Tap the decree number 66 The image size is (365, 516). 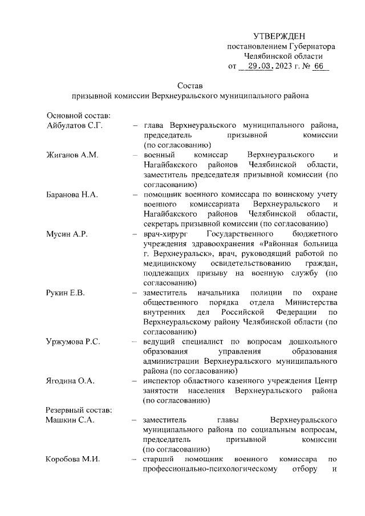point(318,66)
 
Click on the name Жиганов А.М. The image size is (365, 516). point(70,156)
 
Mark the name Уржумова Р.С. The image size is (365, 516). point(73,342)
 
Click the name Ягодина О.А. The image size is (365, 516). point(70,380)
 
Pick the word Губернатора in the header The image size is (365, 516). point(311,46)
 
